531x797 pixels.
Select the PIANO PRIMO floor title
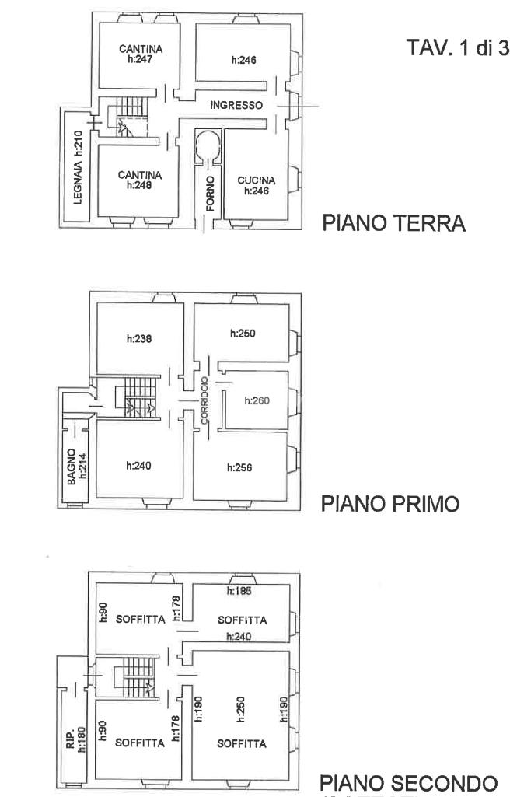pos(390,505)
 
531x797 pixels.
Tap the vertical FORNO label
pos(209,194)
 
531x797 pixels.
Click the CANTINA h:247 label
pos(141,54)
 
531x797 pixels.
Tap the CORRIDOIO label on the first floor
pos(203,400)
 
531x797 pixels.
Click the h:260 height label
pos(257,401)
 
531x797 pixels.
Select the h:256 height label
pos(240,467)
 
